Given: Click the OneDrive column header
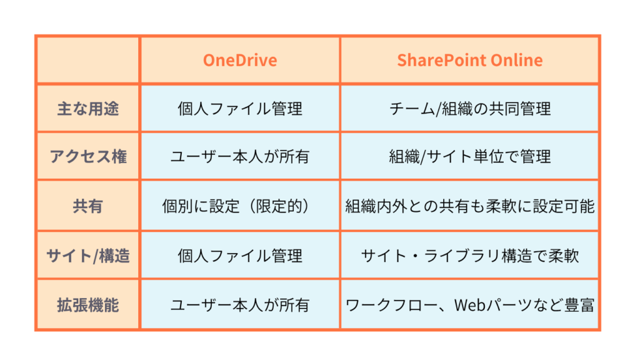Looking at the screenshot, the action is pos(240,61).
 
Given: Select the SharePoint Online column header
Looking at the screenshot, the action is pos(470,61).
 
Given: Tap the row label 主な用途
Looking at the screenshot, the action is pos(87,109).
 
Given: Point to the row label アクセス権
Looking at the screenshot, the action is pos(87,156).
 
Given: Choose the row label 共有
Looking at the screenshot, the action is pos(87,206).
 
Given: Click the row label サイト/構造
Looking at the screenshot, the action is pos(87,256).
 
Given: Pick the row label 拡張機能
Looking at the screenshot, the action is pos(87,305).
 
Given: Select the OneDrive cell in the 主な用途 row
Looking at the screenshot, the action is pos(240,109).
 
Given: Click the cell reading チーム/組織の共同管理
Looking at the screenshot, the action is pos(470,109).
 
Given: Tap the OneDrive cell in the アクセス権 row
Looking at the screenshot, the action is pos(240,156).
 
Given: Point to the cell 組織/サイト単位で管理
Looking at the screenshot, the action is pos(470,156).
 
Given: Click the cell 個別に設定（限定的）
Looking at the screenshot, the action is pos(240,206).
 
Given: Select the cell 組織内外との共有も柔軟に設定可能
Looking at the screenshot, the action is pos(470,206).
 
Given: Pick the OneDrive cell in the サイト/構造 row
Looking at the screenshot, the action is pos(240,256).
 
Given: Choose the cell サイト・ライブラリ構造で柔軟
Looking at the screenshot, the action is pos(470,256).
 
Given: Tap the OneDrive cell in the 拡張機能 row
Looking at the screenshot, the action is pos(240,305).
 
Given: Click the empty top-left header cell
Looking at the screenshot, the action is pos(87,61).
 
